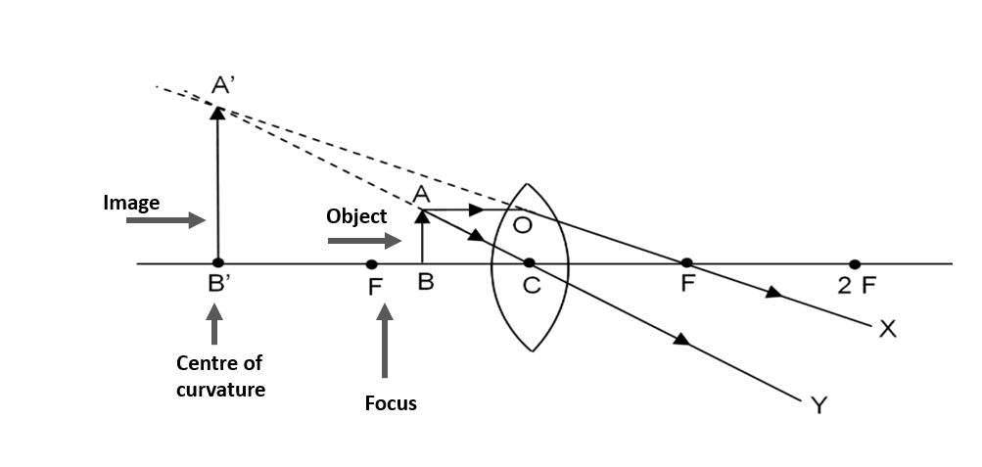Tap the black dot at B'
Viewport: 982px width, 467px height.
click(x=217, y=263)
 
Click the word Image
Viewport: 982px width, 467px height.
click(x=131, y=203)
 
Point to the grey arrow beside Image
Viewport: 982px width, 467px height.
click(x=165, y=221)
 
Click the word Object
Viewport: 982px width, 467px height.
click(x=356, y=216)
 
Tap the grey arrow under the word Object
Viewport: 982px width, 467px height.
click(x=364, y=240)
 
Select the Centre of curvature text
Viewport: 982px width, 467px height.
click(x=220, y=376)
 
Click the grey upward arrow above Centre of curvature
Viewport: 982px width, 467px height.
click(x=215, y=326)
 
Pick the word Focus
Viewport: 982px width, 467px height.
click(x=390, y=402)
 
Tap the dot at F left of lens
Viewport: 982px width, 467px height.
click(x=371, y=264)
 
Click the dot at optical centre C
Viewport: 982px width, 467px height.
click(x=529, y=263)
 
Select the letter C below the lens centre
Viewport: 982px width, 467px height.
click(x=532, y=288)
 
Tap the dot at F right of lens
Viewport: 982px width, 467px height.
click(x=686, y=263)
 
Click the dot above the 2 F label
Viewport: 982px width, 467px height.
click(x=855, y=264)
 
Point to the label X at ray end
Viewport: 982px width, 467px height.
click(x=887, y=329)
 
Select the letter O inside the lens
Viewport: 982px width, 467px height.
click(x=522, y=226)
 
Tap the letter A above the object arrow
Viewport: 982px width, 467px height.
click(x=422, y=196)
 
